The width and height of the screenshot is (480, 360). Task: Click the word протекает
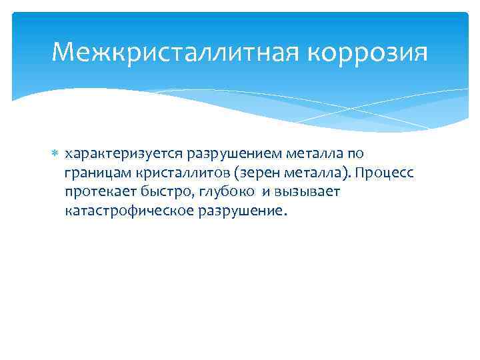click(97, 192)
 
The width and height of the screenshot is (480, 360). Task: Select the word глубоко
click(220, 192)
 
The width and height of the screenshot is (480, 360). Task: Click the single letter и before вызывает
click(265, 192)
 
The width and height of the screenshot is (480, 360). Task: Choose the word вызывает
click(307, 192)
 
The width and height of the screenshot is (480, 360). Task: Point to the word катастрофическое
click(125, 211)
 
